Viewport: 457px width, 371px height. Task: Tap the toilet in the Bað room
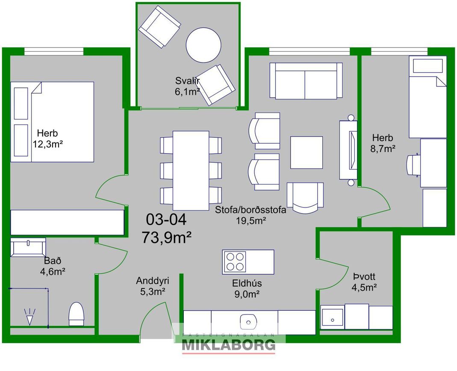77,314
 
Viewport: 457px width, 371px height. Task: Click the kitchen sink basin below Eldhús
248,322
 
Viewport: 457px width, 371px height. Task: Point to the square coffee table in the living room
307,152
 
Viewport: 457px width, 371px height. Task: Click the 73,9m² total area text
166,237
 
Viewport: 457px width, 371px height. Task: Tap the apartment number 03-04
166,220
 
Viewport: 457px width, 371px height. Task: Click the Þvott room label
364,276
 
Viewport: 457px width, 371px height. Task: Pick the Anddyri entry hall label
153,281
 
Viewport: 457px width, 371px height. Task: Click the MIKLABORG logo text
228,345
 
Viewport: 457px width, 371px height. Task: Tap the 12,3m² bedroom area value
48,144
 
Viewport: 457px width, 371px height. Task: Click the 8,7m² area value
383,149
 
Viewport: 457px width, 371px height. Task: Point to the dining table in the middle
191,170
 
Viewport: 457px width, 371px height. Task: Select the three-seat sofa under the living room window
306,81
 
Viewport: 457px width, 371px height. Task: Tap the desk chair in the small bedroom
413,165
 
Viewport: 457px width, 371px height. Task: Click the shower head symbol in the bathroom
29,317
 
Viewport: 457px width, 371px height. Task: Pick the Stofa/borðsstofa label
251,210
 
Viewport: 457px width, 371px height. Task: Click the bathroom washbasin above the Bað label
28,247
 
